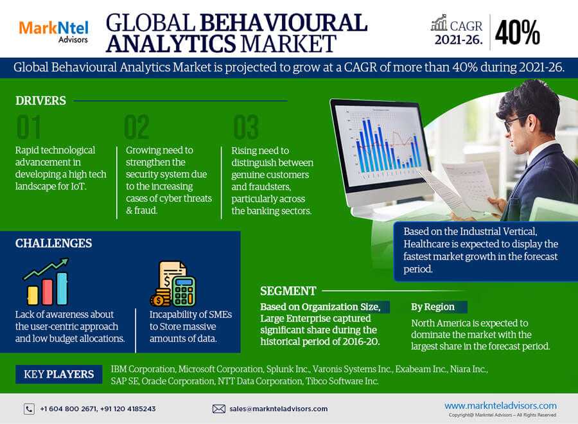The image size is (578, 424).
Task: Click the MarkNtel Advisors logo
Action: point(53,32)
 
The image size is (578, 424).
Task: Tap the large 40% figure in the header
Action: point(518,33)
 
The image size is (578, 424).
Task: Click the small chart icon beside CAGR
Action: point(439,23)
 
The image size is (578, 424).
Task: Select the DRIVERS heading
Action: point(40,101)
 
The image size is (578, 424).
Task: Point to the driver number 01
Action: point(28,127)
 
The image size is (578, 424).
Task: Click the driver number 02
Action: point(137,127)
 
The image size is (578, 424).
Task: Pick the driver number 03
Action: point(246,127)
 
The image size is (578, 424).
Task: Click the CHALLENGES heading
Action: point(53,243)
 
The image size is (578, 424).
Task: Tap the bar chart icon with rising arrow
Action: point(46,281)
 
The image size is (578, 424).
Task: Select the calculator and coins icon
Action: point(173,283)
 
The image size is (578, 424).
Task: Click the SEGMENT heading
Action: point(288,291)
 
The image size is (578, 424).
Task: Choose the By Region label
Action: point(433,306)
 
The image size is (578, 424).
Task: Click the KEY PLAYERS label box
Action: point(58,375)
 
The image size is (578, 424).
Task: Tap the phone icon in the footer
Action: point(29,409)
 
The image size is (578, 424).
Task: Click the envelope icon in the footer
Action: point(218,409)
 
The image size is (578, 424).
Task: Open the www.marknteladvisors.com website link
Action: point(500,405)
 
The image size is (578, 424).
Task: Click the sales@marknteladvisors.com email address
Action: point(278,409)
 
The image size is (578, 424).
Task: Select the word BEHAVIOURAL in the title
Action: point(283,23)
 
